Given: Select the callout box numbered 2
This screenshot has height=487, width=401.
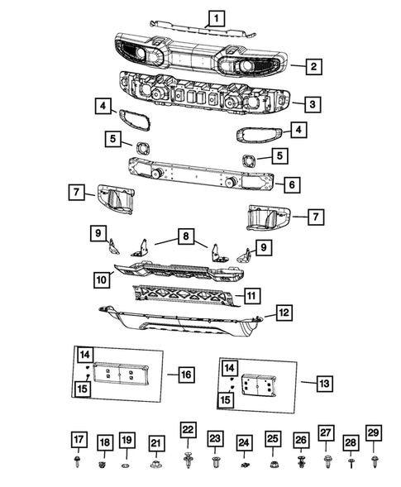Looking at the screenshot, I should point(314,64).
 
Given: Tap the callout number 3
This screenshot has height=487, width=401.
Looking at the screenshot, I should point(311,104).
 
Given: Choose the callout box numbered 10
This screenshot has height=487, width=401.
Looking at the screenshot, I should point(102,280).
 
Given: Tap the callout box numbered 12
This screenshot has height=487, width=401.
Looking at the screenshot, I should point(283,313).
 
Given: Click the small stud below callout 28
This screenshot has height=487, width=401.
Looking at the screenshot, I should point(351,463).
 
